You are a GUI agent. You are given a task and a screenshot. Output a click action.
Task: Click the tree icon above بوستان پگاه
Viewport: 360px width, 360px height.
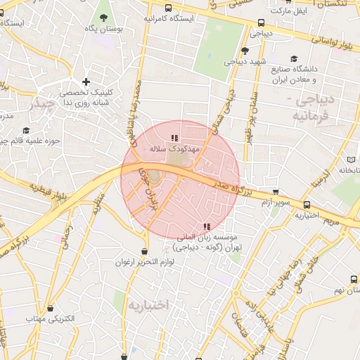pyautogui.click(x=104, y=17)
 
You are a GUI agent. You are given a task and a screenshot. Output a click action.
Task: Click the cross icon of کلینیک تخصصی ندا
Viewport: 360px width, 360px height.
pyautogui.click(x=86, y=82)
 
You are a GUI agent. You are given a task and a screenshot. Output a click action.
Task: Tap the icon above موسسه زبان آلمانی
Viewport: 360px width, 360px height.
pyautogui.click(x=206, y=226)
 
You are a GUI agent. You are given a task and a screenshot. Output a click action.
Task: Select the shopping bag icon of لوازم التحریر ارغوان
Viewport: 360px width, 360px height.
pyautogui.click(x=144, y=251)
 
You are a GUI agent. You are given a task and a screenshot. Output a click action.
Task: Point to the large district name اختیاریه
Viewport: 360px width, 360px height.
pyautogui.click(x=149, y=305)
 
